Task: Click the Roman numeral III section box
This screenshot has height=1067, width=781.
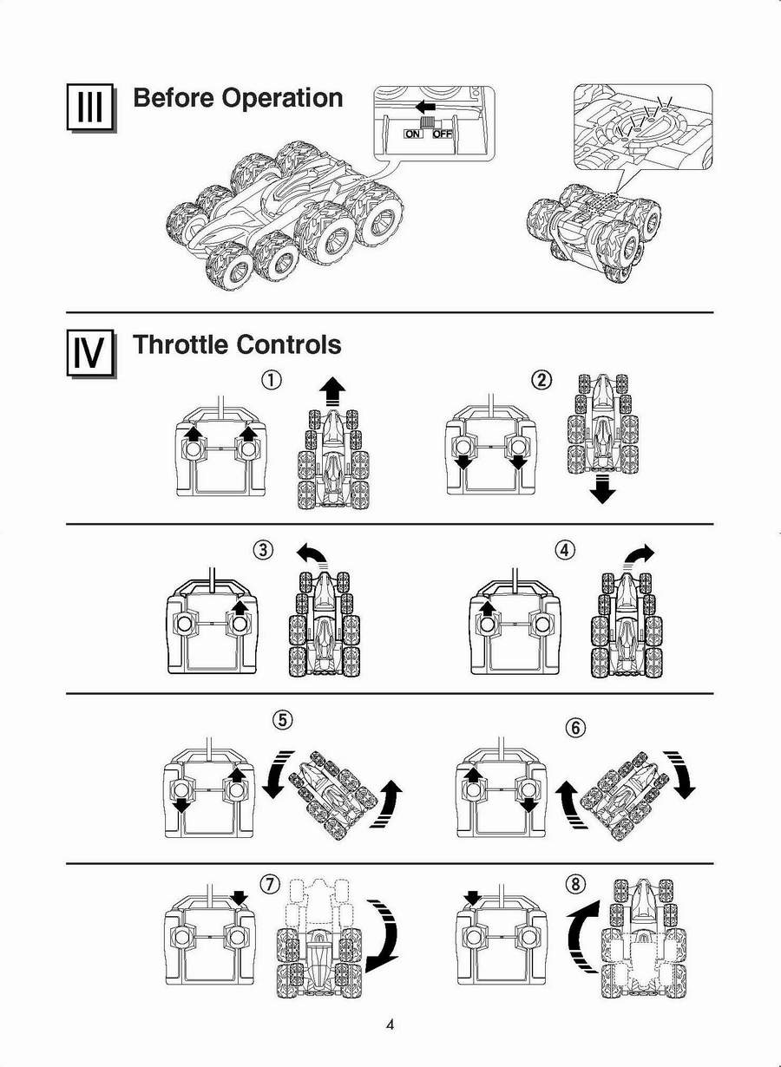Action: [x=90, y=107]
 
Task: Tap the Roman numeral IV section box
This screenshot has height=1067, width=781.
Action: [x=90, y=353]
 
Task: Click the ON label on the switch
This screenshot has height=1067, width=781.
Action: [x=413, y=134]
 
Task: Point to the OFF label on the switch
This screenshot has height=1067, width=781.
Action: [x=442, y=134]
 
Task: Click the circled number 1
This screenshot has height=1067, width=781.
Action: [x=273, y=380]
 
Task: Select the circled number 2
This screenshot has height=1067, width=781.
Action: [x=541, y=380]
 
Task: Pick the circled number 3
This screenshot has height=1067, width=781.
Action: [x=263, y=549]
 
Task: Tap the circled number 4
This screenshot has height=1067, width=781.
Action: [x=565, y=549]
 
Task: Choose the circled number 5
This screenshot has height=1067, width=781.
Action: [x=280, y=719]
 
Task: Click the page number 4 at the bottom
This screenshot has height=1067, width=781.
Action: [x=390, y=1024]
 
